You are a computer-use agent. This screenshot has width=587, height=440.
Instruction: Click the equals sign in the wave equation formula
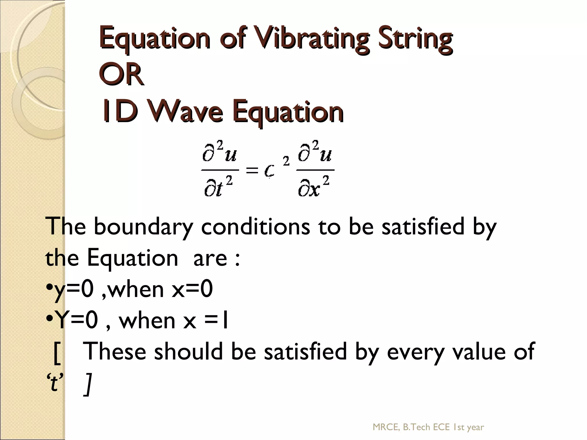pyautogui.click(x=252, y=171)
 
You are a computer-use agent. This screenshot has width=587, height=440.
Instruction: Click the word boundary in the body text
pyautogui.click(x=143, y=227)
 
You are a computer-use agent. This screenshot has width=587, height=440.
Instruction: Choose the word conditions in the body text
pyautogui.click(x=255, y=227)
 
